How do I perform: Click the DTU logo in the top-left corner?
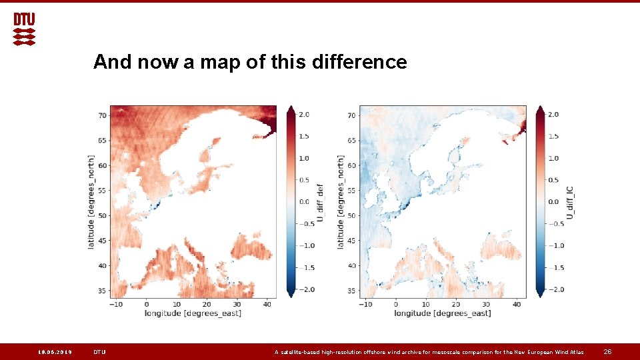coord(25,29)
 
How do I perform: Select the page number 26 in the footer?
coord(607,352)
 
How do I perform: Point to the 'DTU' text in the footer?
coord(99,352)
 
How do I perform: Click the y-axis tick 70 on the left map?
coord(102,115)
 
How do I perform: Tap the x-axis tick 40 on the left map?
coord(266,304)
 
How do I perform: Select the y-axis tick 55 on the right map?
coord(352,190)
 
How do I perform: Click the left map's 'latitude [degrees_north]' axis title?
coord(91,202)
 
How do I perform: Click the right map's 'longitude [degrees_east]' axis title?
coord(443,313)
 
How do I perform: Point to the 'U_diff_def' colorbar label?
coord(320,203)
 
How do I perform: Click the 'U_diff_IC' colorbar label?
coord(570,203)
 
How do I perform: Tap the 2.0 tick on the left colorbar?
coord(303,115)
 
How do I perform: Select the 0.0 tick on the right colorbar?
coord(553,202)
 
